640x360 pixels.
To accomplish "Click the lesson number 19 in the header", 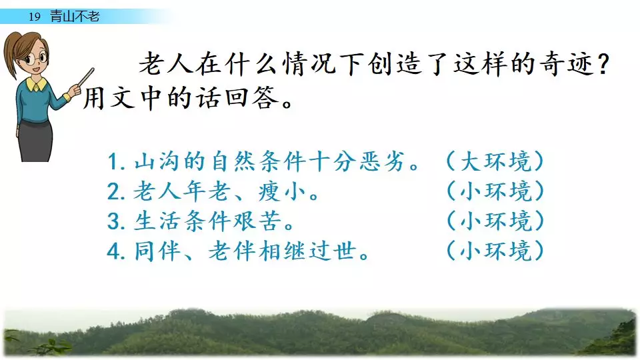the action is click(35, 17).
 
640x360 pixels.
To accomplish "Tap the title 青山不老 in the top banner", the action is click(75, 16).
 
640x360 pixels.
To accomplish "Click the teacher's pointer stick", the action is click(86, 77).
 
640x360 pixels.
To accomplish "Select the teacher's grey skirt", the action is click(35, 140).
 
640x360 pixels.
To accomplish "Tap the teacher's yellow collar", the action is click(36, 85).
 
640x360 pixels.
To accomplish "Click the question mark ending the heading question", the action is click(603, 64).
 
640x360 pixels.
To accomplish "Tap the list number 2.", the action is click(115, 191).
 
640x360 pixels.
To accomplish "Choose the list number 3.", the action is click(115, 221).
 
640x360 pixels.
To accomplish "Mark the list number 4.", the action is click(115, 251).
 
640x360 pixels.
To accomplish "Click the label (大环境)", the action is click(495, 161).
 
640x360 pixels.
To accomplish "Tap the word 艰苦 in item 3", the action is click(257, 221).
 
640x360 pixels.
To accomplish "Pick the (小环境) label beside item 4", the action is click(495, 251).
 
